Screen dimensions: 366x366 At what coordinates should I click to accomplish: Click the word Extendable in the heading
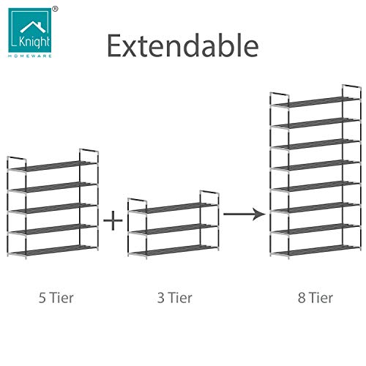[183, 45]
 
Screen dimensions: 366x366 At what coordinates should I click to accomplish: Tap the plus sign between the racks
[113, 220]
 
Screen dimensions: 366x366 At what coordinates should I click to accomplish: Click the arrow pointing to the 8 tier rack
[244, 214]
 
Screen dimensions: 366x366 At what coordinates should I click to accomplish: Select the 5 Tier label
[56, 298]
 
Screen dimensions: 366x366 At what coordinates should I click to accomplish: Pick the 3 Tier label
[175, 298]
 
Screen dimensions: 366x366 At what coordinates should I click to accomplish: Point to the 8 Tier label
[315, 298]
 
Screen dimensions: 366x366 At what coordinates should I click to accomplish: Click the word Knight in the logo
[34, 42]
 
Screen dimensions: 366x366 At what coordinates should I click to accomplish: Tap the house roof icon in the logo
[33, 27]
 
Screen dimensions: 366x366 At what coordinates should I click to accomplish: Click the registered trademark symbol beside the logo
[56, 9]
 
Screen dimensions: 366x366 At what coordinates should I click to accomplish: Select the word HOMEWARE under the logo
[30, 56]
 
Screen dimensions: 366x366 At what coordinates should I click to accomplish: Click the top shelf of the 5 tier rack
[53, 166]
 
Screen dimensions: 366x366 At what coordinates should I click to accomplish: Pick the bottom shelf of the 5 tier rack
[53, 250]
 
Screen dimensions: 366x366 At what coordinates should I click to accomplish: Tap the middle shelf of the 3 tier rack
[173, 229]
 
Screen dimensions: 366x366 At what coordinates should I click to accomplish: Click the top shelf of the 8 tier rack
[315, 102]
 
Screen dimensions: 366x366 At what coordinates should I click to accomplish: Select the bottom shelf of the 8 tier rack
[315, 250]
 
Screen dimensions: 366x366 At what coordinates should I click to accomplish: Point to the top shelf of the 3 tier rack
[173, 208]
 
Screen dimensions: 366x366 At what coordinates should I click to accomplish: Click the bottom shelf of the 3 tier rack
[173, 250]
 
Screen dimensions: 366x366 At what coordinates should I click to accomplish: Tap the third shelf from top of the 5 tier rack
[53, 209]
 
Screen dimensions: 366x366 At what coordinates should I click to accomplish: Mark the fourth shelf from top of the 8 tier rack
[315, 165]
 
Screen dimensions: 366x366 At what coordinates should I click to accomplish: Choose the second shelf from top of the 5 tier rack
[53, 187]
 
